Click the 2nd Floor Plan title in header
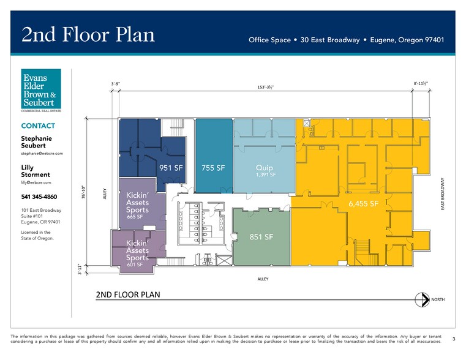(88, 34)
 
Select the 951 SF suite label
(171, 167)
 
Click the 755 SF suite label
(213, 167)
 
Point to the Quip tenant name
(265, 167)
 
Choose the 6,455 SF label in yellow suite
(364, 203)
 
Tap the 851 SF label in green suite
(261, 237)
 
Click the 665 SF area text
(135, 217)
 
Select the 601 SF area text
(135, 264)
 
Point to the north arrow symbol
(421, 299)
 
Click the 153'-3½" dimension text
(265, 87)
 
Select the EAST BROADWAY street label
(442, 195)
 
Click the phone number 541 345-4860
(39, 197)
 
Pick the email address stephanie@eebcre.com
(42, 153)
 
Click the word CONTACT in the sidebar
(38, 126)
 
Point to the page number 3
(453, 338)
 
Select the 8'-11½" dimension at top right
(421, 83)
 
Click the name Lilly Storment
(36, 171)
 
